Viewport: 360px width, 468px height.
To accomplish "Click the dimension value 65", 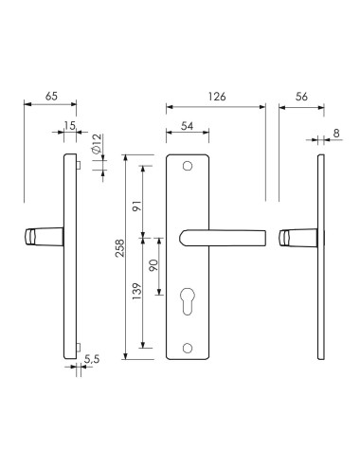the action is pos(51,96).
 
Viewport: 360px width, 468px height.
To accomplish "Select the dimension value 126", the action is pos(217,97).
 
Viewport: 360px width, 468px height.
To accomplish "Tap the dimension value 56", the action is pos(301,97).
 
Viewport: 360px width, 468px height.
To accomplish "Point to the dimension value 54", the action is pos(187,126).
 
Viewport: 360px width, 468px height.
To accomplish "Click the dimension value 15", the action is pos(70,126).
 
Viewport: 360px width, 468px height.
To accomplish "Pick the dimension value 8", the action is pos(336,134).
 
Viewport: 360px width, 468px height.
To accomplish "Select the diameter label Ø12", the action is pos(97,144).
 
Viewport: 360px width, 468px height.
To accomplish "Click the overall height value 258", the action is pos(120,248).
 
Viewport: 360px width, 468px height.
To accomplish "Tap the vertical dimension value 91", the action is pos(137,206).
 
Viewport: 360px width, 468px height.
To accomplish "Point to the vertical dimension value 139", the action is pos(137,291).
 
